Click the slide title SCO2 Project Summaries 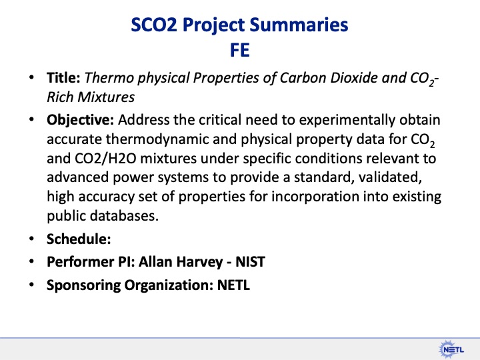[x=239, y=25]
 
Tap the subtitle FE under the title [x=240, y=50]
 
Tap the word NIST [x=249, y=261]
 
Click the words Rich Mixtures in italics [x=90, y=97]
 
